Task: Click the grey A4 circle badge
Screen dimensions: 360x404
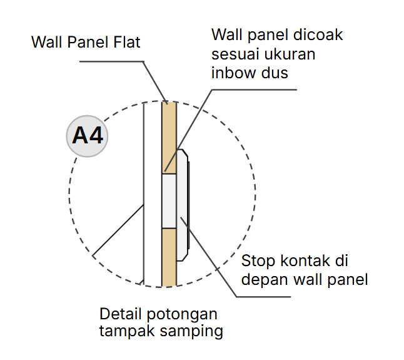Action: click(x=88, y=136)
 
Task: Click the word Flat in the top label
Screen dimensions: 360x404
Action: click(x=126, y=43)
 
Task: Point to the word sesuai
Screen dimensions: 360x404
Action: click(x=234, y=54)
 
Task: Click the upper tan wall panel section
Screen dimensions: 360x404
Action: click(x=169, y=138)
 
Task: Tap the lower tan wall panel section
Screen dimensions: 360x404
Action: click(x=169, y=257)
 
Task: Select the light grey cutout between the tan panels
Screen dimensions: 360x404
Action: click(x=169, y=200)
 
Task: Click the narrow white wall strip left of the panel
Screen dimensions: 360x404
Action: click(x=153, y=194)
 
